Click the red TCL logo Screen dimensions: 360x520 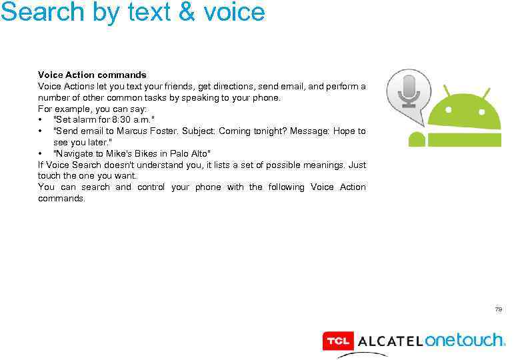pyautogui.click(x=337, y=341)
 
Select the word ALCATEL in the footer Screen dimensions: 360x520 pyautogui.click(x=390, y=341)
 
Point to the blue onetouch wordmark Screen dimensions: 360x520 pyautogui.click(x=465, y=340)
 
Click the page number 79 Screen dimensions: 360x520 pyautogui.click(x=498, y=309)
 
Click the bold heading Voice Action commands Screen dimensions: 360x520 pyautogui.click(x=92, y=75)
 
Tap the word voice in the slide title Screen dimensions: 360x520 pyautogui.click(x=236, y=11)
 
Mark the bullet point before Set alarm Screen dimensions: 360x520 pyautogui.click(x=41, y=120)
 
